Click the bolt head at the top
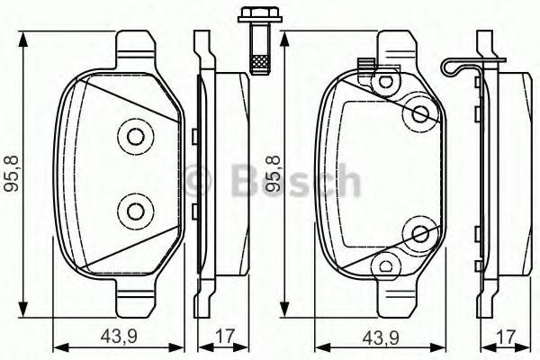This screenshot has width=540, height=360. [x=249, y=17]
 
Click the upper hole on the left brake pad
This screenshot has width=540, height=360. [x=135, y=138]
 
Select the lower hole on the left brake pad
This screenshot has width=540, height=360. [x=135, y=211]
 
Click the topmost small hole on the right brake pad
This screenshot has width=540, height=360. [x=387, y=80]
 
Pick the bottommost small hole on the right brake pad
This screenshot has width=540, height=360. [x=387, y=266]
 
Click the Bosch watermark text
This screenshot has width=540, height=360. [x=270, y=180]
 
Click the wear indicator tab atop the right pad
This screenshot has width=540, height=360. [x=364, y=65]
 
